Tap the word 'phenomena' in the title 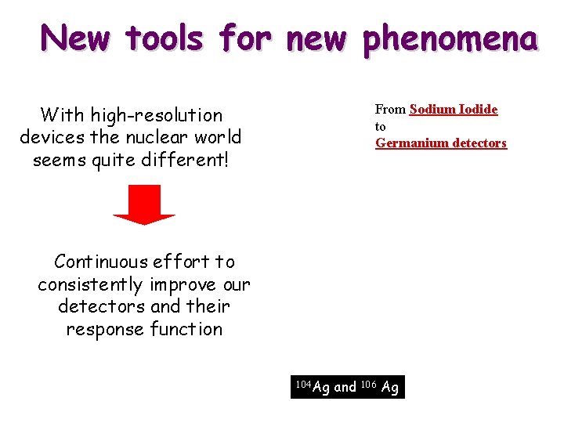449,38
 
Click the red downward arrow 144,204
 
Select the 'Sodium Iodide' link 453,110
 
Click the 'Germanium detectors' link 441,143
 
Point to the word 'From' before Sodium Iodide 390,110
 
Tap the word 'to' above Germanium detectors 381,127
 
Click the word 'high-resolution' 156,115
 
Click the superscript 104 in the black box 302,384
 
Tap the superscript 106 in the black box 369,384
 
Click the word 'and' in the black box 345,387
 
